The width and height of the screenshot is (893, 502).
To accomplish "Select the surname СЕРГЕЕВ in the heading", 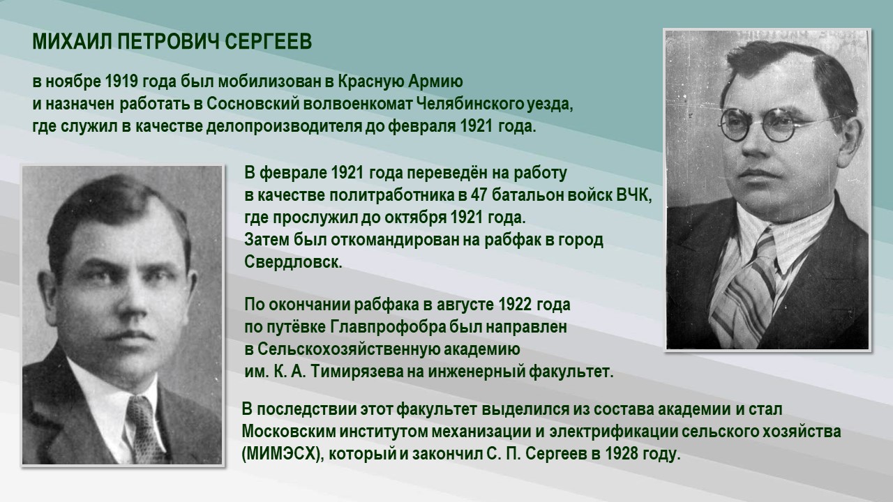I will coord(269,43).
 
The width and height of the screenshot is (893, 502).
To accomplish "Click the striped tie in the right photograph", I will coord(753,286).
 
